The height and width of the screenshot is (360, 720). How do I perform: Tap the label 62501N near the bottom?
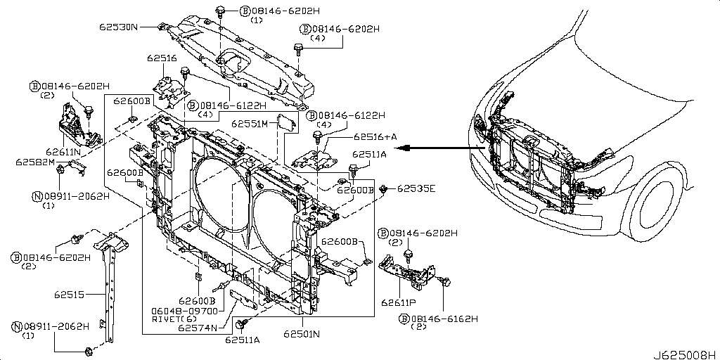pos(302,334)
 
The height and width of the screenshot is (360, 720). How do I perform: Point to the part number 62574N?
pos(198,328)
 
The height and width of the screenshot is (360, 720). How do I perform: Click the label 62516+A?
pos(375,137)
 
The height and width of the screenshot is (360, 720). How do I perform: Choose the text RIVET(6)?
pos(174,319)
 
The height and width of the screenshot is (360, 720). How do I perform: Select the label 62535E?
pos(416,188)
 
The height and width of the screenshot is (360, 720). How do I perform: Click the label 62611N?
pos(63,151)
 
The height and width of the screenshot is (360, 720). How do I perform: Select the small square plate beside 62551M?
pos(285,121)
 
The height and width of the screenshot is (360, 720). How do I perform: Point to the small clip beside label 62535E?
pos(384,189)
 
